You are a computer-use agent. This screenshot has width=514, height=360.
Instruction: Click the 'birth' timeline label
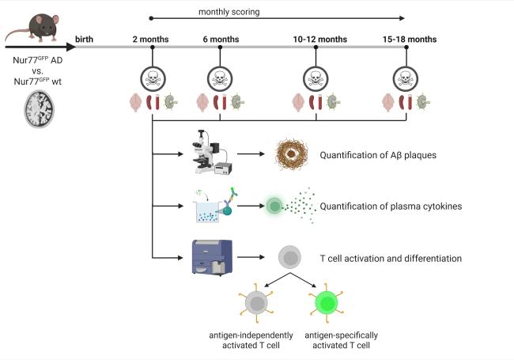tap(85, 39)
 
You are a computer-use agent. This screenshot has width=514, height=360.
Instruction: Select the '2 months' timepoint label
tap(151, 39)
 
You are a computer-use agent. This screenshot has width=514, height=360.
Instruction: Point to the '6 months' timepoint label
tap(220, 39)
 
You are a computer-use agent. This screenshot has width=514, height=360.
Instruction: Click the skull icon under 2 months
tap(151, 78)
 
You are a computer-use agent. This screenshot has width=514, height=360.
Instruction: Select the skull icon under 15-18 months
tap(407, 78)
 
